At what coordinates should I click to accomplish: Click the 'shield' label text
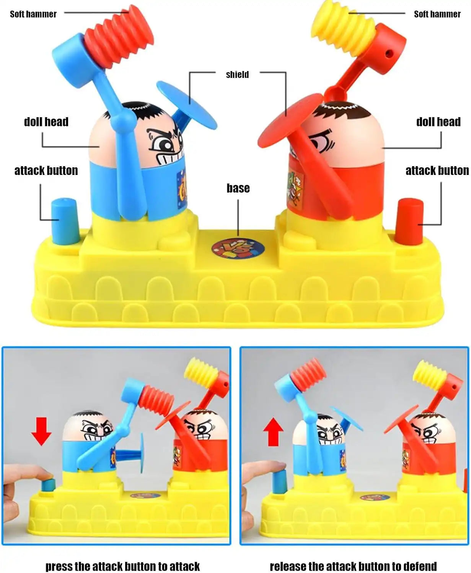pos(237,74)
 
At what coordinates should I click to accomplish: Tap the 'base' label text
pos(238,188)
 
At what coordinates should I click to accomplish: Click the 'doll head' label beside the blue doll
pos(46,122)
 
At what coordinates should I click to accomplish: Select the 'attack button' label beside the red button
pos(437,171)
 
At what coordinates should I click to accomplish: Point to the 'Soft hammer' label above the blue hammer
pos(33,14)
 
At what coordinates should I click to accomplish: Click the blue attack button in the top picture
pos(65,221)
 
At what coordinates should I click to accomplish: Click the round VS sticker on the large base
pos(238,248)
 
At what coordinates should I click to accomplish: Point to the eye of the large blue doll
pos(165,145)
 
